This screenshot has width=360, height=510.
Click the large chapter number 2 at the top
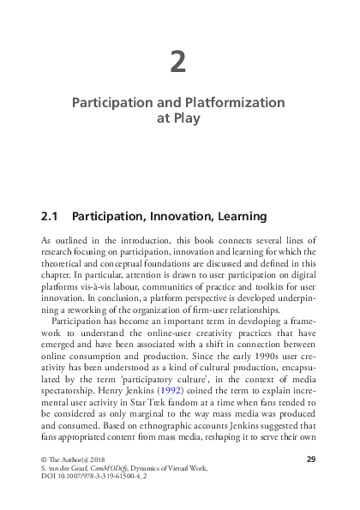point(178,62)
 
